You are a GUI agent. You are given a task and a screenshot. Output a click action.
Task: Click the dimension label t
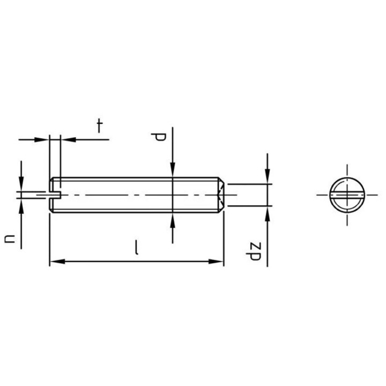coord(99,126)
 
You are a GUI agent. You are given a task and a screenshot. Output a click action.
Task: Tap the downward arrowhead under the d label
coord(173,171)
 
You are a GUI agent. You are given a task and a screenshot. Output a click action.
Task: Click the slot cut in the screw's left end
coord(56,194)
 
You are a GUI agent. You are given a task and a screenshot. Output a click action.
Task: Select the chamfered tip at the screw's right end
coord(220,195)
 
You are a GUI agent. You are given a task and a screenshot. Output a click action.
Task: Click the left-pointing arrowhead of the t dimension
coord(68,139)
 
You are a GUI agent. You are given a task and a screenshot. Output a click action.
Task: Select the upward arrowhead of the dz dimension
coord(268,212)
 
